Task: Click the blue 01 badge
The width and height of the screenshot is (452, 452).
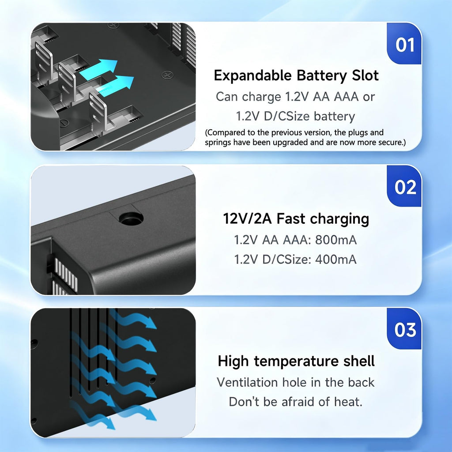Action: click(404, 44)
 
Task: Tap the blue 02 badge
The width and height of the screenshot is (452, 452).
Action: click(404, 186)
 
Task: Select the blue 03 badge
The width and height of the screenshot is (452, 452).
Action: click(404, 329)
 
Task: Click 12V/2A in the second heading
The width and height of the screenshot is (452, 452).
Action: click(247, 218)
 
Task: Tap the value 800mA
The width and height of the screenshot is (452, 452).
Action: click(336, 240)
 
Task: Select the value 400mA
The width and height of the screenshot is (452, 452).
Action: click(336, 260)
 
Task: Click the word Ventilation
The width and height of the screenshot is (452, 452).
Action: click(248, 383)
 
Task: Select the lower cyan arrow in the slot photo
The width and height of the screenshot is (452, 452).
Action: click(115, 86)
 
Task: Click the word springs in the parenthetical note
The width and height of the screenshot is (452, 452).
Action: click(218, 143)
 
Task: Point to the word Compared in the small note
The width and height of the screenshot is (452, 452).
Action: click(225, 132)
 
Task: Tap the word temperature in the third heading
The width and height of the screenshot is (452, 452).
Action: click(296, 362)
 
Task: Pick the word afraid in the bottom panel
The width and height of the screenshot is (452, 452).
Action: click(298, 402)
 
